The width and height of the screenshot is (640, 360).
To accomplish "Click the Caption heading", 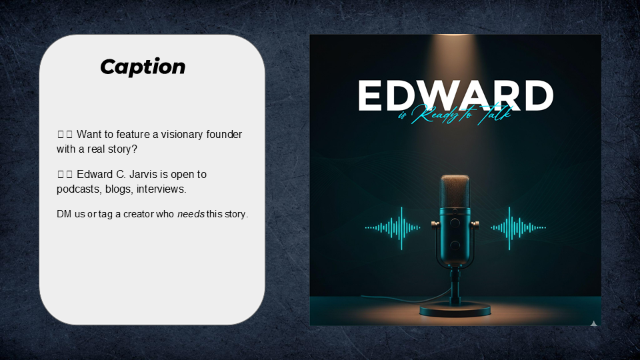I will click(143, 67).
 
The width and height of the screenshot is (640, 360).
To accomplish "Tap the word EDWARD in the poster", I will click(455, 96).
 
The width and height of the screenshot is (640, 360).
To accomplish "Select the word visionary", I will click(185, 135).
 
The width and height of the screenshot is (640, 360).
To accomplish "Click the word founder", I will click(225, 135).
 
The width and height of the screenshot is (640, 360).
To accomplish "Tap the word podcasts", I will click(79, 189).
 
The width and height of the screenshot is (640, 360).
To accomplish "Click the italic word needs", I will click(190, 214).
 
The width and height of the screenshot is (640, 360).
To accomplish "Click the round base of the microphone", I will click(455, 309).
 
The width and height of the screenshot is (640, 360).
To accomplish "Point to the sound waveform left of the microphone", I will click(393, 227).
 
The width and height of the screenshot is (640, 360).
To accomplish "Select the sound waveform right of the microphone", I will click(518, 227).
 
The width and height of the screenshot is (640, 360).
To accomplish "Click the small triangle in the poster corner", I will click(593, 323).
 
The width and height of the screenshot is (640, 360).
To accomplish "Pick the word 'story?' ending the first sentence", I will click(121, 149).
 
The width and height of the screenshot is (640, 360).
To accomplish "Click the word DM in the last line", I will click(64, 214).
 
